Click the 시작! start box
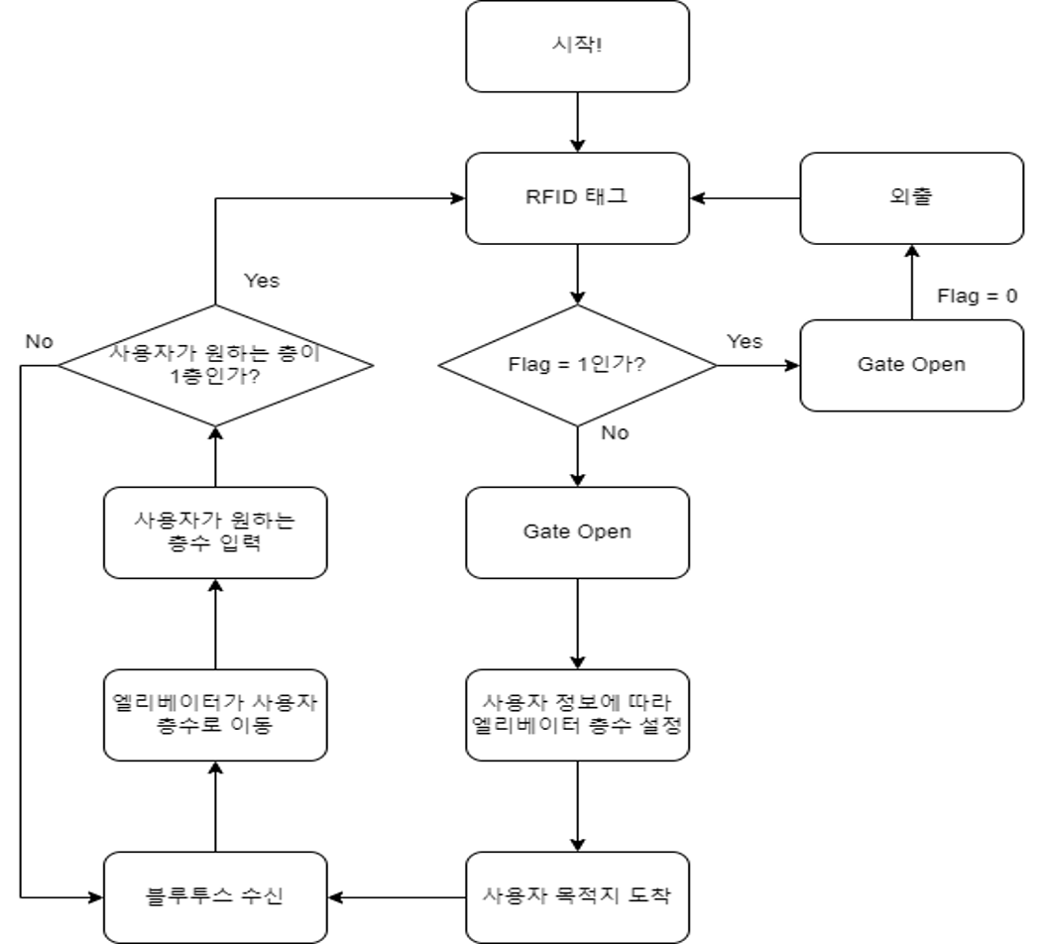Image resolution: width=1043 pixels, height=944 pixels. (577, 47)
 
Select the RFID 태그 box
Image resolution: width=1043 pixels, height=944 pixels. (577, 198)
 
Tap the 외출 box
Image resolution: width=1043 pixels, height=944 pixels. (911, 198)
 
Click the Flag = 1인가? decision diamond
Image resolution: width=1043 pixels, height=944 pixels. (577, 366)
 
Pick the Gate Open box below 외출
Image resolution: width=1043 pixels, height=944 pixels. (911, 365)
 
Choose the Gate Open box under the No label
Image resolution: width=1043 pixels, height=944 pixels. (577, 532)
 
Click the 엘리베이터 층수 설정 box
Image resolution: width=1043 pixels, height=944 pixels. (577, 716)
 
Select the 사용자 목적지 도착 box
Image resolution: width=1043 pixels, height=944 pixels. (577, 897)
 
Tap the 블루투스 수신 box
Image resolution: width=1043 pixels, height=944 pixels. (215, 897)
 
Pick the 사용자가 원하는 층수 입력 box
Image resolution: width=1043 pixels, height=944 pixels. (215, 532)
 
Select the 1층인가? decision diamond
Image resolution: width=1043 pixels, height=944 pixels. (215, 366)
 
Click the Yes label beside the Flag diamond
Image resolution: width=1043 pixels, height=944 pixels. (745, 342)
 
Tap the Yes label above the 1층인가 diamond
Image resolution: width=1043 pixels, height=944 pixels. (262, 281)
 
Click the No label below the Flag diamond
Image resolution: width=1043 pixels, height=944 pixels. (615, 432)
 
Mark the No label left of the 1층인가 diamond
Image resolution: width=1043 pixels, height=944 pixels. (40, 342)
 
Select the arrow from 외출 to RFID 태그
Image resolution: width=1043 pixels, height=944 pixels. (746, 198)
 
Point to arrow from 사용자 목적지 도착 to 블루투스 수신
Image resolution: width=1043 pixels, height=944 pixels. (397, 897)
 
